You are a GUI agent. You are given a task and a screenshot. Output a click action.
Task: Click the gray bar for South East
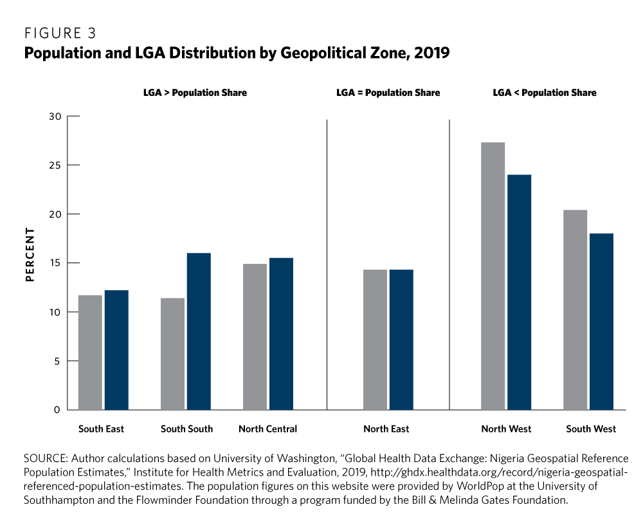point(90,352)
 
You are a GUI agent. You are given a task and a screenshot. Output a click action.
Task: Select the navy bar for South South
point(199,331)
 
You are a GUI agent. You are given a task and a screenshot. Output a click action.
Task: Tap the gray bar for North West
point(493,276)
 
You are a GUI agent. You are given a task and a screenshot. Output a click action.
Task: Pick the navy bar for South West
point(601,321)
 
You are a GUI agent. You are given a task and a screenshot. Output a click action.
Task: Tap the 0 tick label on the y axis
point(57,410)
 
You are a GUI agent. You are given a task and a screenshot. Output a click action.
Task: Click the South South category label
point(186,429)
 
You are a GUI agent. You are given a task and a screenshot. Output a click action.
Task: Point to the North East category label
point(386,429)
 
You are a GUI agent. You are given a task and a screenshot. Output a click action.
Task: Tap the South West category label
point(591,429)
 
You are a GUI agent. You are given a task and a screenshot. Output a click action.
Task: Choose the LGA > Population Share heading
point(195,93)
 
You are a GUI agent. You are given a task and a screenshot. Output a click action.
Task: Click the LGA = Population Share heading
point(388,93)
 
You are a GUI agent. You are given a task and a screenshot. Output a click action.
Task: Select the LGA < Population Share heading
point(545,93)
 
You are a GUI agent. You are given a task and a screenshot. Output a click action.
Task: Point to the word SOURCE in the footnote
point(45,459)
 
